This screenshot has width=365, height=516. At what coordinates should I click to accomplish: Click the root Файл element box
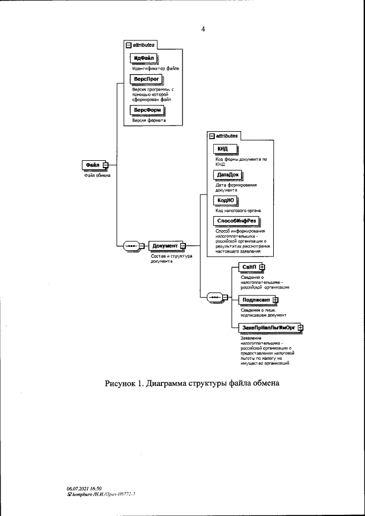93,165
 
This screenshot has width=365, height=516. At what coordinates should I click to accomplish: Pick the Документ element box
164,246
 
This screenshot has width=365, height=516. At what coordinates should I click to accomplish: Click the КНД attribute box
221,149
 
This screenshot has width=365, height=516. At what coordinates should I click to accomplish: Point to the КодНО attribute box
224,200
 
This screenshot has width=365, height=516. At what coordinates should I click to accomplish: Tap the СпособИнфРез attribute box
236,221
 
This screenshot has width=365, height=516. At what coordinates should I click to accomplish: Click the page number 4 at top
203,29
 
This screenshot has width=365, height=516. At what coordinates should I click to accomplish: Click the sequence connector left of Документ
131,246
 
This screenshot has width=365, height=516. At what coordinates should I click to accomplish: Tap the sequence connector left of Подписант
216,297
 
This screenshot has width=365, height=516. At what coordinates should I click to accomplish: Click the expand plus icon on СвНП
261,267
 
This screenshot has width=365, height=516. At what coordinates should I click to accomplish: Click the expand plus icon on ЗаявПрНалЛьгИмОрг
301,328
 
